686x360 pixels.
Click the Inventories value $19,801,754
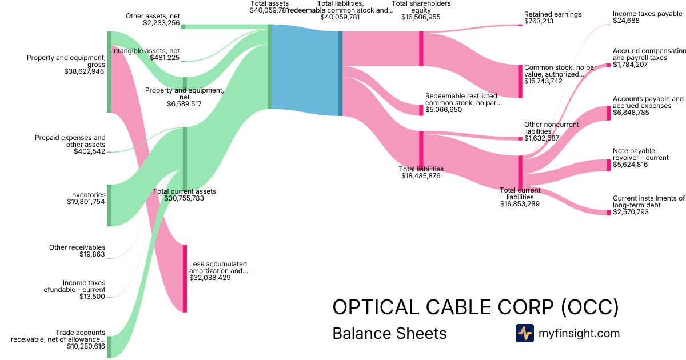pyautogui.click(x=86, y=202)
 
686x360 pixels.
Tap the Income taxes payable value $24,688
pyautogui.click(x=626, y=21)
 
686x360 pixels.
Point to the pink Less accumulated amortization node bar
pyautogui.click(x=185, y=278)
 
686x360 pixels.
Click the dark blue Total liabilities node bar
pyautogui.click(x=341, y=73)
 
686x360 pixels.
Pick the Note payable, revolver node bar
pyautogui.click(x=608, y=165)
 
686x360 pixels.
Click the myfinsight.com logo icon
pyautogui.click(x=524, y=333)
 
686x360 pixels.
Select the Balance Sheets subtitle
pyautogui.click(x=389, y=333)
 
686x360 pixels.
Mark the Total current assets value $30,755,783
pyautogui.click(x=184, y=198)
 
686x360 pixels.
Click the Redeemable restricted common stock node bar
pyautogui.click(x=421, y=110)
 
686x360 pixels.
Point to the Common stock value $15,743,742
pyautogui.click(x=543, y=81)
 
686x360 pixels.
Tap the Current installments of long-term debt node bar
pyautogui.click(x=608, y=212)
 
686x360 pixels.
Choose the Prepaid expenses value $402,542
pyautogui.click(x=89, y=151)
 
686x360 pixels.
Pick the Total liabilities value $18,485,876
pyautogui.click(x=421, y=176)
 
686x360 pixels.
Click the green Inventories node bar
pyautogui.click(x=109, y=205)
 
